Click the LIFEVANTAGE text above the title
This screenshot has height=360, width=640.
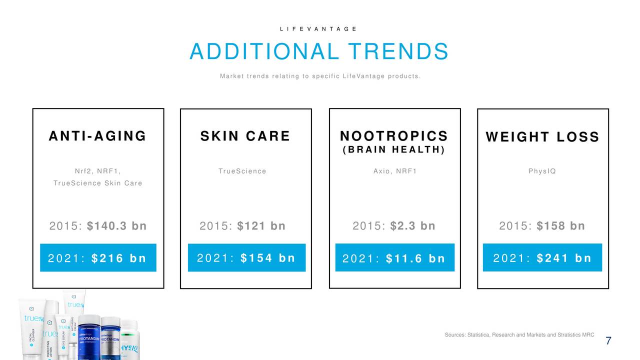(x=318, y=29)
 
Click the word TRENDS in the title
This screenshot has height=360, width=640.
(x=398, y=51)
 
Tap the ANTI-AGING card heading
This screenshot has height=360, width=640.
(x=97, y=135)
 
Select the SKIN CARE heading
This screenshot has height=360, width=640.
(x=245, y=135)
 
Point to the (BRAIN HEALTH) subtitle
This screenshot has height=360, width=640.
(x=394, y=149)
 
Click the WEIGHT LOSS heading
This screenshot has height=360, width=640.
(x=542, y=136)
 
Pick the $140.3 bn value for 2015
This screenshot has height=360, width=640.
(x=117, y=225)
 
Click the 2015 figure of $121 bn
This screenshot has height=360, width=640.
(x=261, y=225)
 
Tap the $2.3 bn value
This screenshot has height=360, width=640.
(x=413, y=225)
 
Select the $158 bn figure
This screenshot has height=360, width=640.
(x=561, y=225)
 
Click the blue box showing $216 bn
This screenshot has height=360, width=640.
(x=98, y=257)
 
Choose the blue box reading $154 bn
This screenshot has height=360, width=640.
(x=247, y=257)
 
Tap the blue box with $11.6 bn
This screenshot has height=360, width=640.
(x=395, y=257)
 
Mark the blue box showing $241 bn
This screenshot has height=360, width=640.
(x=542, y=257)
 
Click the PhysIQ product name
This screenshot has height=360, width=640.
(x=542, y=171)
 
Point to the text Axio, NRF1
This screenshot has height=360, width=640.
(x=395, y=171)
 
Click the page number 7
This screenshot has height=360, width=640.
(x=608, y=340)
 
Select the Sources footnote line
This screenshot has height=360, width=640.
(x=519, y=335)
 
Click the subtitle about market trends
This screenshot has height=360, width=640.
(x=320, y=76)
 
